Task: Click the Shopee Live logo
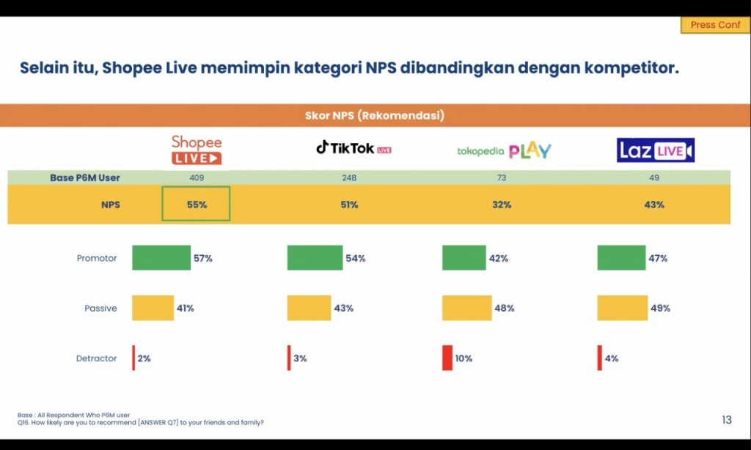click(197, 150)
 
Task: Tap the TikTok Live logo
click(353, 148)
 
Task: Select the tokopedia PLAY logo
click(504, 151)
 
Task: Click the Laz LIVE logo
click(655, 150)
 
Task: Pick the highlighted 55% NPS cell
click(197, 204)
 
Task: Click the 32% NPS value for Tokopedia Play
click(502, 204)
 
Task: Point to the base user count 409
click(197, 178)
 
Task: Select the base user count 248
click(349, 178)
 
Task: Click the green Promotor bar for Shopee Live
click(161, 258)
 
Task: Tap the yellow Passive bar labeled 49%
click(622, 308)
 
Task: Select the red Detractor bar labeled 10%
click(447, 358)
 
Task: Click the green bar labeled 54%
click(315, 258)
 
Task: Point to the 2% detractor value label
click(144, 358)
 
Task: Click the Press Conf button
click(715, 25)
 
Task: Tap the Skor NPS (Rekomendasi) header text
click(375, 116)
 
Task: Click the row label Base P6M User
click(85, 178)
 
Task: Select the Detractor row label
click(97, 358)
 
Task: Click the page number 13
click(726, 420)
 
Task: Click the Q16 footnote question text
click(141, 422)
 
